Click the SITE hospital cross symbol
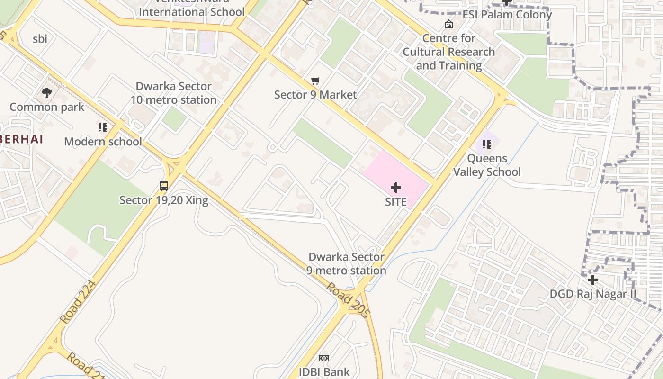point(396,188)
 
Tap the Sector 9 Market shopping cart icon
point(315,81)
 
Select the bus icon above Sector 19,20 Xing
point(164,186)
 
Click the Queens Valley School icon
point(487,144)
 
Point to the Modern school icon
point(103,127)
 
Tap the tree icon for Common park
point(47,92)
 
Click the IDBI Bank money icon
point(324,358)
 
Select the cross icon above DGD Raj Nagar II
point(592,280)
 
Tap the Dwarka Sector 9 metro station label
point(346,264)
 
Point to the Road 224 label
point(78,302)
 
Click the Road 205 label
point(348,300)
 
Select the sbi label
point(40,39)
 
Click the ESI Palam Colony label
point(507,15)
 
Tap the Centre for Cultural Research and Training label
point(448,52)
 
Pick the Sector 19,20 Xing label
point(164,200)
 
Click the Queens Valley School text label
point(487,165)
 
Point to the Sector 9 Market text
point(315,95)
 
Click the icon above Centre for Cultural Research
point(448,24)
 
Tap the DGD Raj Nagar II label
point(593,294)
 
